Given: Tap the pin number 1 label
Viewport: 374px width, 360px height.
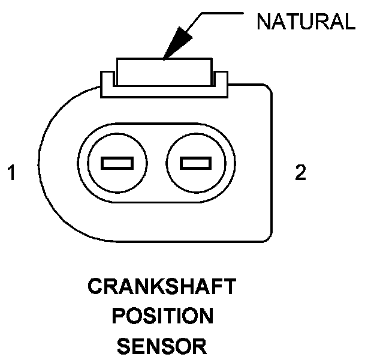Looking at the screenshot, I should (11, 174).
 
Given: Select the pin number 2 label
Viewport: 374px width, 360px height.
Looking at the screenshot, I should (300, 173).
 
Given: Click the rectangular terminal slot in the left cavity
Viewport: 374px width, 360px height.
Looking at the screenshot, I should (117, 163).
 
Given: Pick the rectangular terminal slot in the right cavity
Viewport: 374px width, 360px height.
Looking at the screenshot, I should (195, 163).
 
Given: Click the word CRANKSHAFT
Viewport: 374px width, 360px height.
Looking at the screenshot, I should (161, 287).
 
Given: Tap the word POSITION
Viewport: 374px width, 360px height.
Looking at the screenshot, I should (161, 316).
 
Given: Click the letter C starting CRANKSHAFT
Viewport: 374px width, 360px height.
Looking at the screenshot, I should (95, 287).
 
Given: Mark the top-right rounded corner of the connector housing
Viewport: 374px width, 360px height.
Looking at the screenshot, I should (267, 91).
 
